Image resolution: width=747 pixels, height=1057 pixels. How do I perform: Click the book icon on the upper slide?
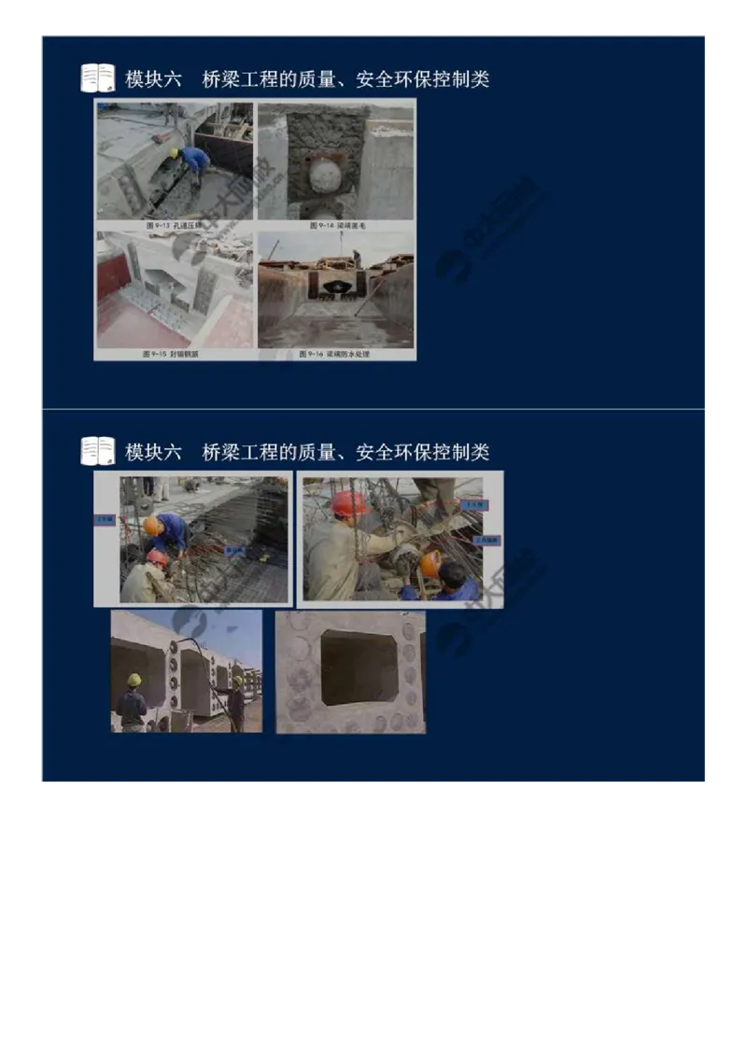point(97,78)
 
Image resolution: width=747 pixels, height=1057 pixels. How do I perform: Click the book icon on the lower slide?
point(97,451)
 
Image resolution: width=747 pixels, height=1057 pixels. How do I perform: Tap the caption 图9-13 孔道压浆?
point(174,225)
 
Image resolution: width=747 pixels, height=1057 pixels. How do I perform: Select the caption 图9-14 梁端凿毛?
point(335,225)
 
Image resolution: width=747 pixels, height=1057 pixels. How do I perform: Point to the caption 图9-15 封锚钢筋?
point(174,354)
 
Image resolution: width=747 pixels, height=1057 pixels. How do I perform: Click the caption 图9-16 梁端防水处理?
point(335,354)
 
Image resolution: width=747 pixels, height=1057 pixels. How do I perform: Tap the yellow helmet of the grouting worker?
point(175,152)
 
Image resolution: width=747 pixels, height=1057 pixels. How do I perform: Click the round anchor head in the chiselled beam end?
point(324,175)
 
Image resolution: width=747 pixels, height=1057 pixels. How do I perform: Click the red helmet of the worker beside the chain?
point(348,503)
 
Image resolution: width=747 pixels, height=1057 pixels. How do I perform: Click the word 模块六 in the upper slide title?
point(153,79)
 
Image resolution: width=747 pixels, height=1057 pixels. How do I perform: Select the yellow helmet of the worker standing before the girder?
point(134,680)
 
